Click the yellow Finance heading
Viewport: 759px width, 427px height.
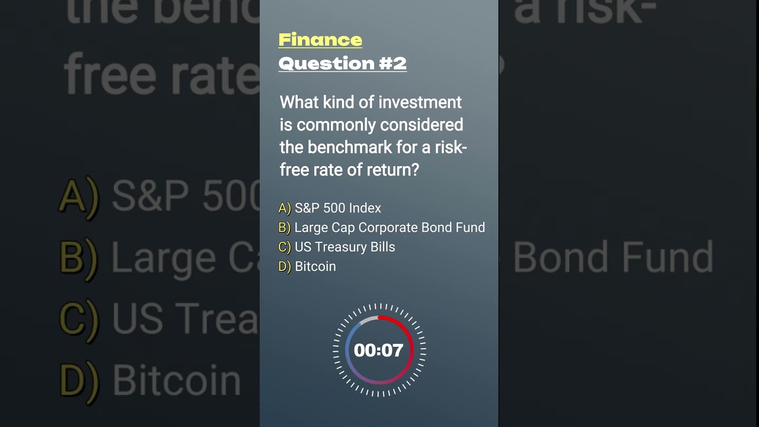tap(320, 40)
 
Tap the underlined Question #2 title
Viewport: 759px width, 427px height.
tap(342, 63)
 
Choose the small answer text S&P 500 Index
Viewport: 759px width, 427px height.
tap(337, 208)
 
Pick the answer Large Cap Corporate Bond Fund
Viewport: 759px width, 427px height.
tap(390, 228)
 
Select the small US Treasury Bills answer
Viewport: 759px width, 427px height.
tap(345, 247)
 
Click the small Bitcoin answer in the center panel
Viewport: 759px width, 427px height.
tap(315, 266)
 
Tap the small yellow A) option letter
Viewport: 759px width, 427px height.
tap(285, 208)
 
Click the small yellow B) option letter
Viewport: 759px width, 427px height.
tap(285, 228)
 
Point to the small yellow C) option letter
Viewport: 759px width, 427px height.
tap(285, 247)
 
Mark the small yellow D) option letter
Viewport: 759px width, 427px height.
tap(285, 266)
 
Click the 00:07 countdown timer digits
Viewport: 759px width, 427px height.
tap(378, 350)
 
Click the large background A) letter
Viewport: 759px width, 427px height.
tap(79, 197)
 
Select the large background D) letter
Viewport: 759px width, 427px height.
tap(79, 380)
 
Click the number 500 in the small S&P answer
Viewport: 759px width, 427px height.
tap(334, 208)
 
